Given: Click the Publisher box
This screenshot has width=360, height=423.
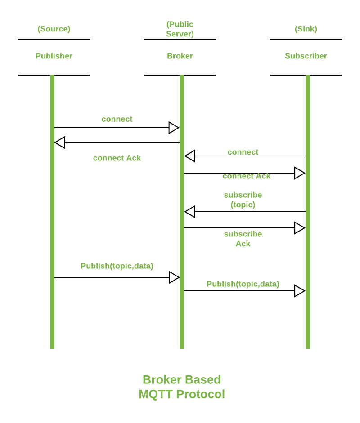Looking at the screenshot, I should coord(54,57).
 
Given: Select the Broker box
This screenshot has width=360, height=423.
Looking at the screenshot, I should coord(180,57).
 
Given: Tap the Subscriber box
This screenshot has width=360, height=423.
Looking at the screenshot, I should coord(306,57).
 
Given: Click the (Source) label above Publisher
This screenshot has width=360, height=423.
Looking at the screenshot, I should coord(54,29).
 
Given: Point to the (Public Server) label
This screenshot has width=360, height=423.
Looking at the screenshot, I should coord(180,29).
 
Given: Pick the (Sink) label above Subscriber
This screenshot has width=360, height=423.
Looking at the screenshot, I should coord(306,29).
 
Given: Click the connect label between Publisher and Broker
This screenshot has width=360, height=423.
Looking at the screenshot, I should coord(117,119).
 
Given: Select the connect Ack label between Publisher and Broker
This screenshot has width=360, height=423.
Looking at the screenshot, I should coord(117,158).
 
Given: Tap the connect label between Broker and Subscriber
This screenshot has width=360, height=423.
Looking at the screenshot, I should coord(243,152).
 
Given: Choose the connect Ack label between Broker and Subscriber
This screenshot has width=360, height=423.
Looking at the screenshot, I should coord(247,176).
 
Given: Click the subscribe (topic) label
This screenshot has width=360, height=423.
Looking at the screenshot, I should coord(243,200).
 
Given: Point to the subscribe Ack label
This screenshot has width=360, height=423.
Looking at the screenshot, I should coord(243,239).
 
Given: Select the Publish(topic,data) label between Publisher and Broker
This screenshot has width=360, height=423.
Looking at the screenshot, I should coord(117,266).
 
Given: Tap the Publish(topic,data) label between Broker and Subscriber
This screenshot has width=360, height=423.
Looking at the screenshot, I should coord(243,284).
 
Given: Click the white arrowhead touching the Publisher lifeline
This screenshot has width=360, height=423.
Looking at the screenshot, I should coord(60,142).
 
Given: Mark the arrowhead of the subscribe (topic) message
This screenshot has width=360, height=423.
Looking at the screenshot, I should coord(190,212).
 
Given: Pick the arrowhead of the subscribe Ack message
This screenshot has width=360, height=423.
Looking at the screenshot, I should coord(299,228).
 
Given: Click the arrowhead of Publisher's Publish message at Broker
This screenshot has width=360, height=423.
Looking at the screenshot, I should coord(174,277).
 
